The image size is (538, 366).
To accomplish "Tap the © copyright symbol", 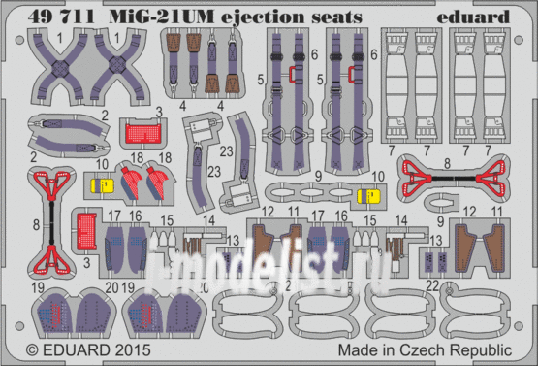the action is pyautogui.click(x=32, y=348).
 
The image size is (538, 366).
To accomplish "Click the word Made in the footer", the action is pyautogui.click(x=356, y=348).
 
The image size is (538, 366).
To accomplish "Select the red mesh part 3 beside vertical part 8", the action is pyautogui.click(x=86, y=228).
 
